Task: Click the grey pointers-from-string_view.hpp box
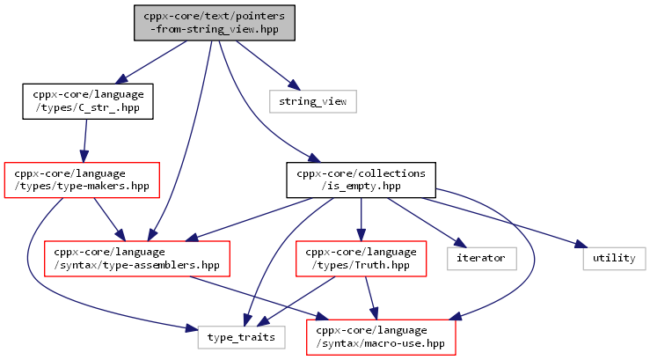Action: tap(215, 23)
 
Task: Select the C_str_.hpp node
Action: tap(88, 101)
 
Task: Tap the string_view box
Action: tap(313, 101)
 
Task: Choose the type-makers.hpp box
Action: tap(82, 180)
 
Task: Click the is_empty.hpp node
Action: tap(362, 180)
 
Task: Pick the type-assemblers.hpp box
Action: tap(137, 259)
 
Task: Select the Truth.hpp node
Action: tap(362, 259)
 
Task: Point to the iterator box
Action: tap(482, 259)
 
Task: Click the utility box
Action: tap(614, 259)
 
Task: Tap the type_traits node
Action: tap(242, 337)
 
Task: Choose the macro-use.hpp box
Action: tap(381, 337)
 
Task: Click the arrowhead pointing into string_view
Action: tap(295, 85)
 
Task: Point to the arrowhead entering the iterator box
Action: tap(460, 242)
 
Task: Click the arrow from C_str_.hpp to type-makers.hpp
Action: tap(85, 141)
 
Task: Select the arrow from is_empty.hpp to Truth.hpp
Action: tap(362, 219)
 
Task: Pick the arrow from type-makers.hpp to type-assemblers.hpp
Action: tap(109, 219)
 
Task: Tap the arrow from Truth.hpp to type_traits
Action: tap(296, 302)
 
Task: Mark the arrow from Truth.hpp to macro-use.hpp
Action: tap(371, 298)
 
